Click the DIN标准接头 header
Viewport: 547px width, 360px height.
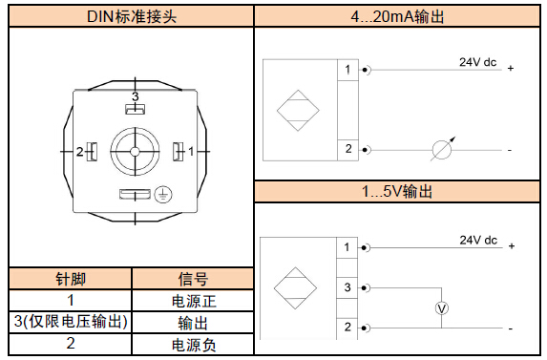coord(132,16)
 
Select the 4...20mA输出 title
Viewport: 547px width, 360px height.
coord(397,16)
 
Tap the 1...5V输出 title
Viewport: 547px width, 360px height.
coord(397,191)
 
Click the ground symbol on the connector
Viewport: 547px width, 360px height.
coord(163,194)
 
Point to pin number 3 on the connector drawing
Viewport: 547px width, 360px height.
coord(135,96)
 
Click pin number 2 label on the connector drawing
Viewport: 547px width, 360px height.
coord(80,152)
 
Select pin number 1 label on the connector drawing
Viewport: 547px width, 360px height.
coord(191,152)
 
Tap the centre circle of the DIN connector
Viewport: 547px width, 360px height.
coord(135,152)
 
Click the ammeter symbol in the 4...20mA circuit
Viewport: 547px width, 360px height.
coord(442,150)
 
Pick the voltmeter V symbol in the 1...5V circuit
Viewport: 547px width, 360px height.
coord(442,308)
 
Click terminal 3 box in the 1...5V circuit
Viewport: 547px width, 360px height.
coord(347,287)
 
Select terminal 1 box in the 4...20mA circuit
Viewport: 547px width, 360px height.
coord(347,70)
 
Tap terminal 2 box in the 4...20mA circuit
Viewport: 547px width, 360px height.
coord(347,150)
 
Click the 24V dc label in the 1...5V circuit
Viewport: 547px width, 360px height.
coord(478,240)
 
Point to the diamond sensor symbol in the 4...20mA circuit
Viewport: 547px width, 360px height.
coord(298,111)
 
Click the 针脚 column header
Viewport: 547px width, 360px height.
coord(71,279)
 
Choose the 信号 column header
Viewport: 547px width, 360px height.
coord(193,279)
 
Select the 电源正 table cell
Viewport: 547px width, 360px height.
coord(194,301)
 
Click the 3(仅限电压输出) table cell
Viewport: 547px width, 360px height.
coord(71,322)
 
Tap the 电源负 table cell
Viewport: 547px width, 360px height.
coord(194,345)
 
